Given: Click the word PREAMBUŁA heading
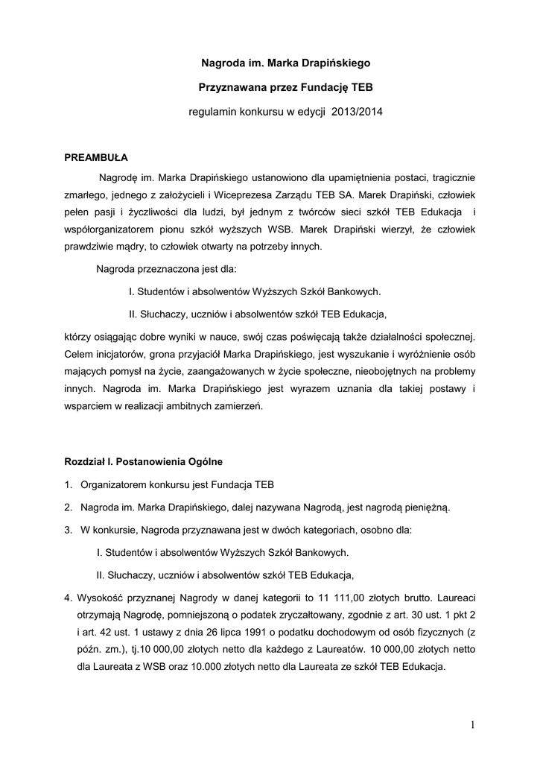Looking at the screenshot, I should (97, 158).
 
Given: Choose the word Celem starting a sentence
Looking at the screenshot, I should (80, 353).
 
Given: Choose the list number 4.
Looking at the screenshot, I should (68, 598).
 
